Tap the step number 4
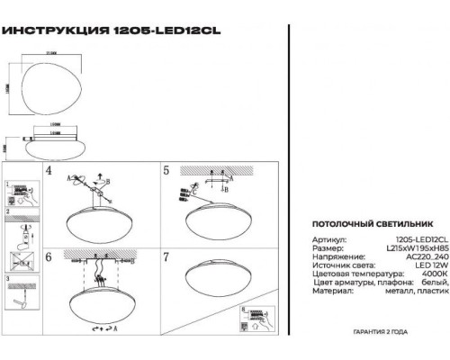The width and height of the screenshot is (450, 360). [49, 170]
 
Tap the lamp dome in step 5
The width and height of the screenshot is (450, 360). [219, 219]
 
